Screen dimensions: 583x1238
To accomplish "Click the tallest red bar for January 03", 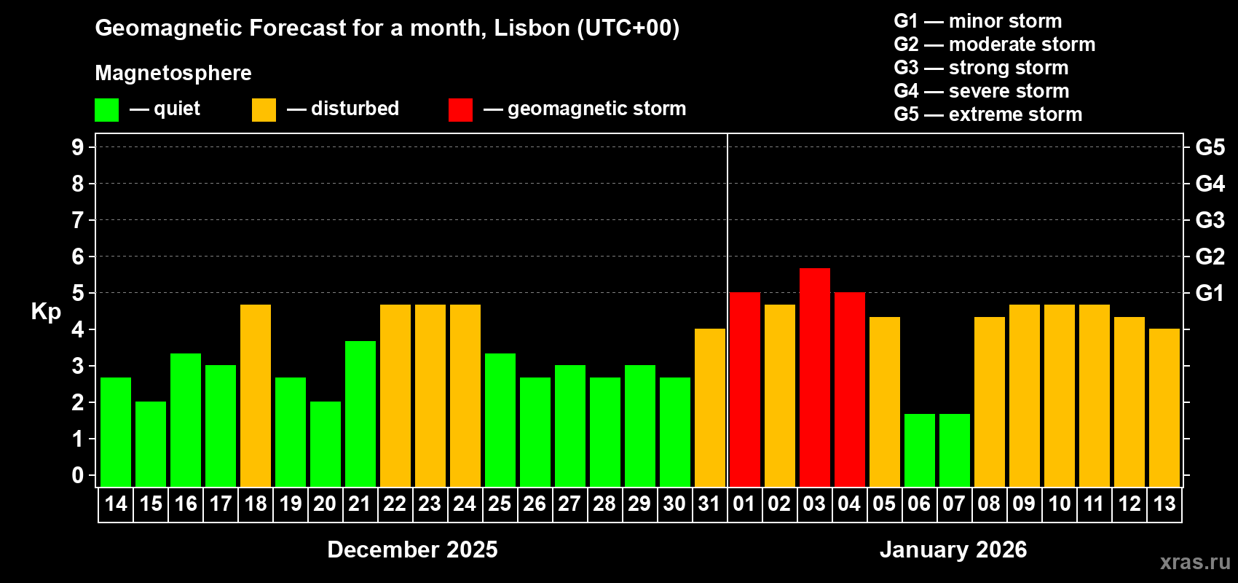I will click(x=814, y=377).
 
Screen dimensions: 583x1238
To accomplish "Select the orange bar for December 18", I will click(x=256, y=396).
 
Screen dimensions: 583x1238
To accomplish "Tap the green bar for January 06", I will click(x=919, y=450).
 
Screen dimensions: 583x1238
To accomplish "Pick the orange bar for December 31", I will click(x=709, y=408).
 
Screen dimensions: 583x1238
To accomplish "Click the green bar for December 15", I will click(x=151, y=444).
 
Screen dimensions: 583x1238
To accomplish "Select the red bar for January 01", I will click(x=744, y=390).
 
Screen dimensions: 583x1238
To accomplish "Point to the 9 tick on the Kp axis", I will click(x=78, y=147).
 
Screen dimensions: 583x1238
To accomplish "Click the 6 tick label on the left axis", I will click(x=78, y=257).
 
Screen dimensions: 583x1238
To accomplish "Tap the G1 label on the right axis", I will click(x=1210, y=293).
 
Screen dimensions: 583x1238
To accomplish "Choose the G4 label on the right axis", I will click(x=1210, y=184).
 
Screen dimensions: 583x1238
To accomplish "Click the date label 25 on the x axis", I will click(x=500, y=504).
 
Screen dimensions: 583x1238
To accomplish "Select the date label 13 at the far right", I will click(x=1164, y=504).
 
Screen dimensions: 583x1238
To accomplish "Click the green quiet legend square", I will click(x=106, y=110).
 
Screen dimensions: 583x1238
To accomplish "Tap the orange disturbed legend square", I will click(x=264, y=110).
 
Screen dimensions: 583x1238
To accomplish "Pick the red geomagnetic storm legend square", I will click(x=460, y=110).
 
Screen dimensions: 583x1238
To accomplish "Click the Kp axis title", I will click(x=46, y=311).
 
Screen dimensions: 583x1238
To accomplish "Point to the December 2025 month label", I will click(x=412, y=549).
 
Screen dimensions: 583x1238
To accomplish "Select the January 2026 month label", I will click(x=953, y=549).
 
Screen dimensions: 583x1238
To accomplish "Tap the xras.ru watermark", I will click(x=1194, y=562).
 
